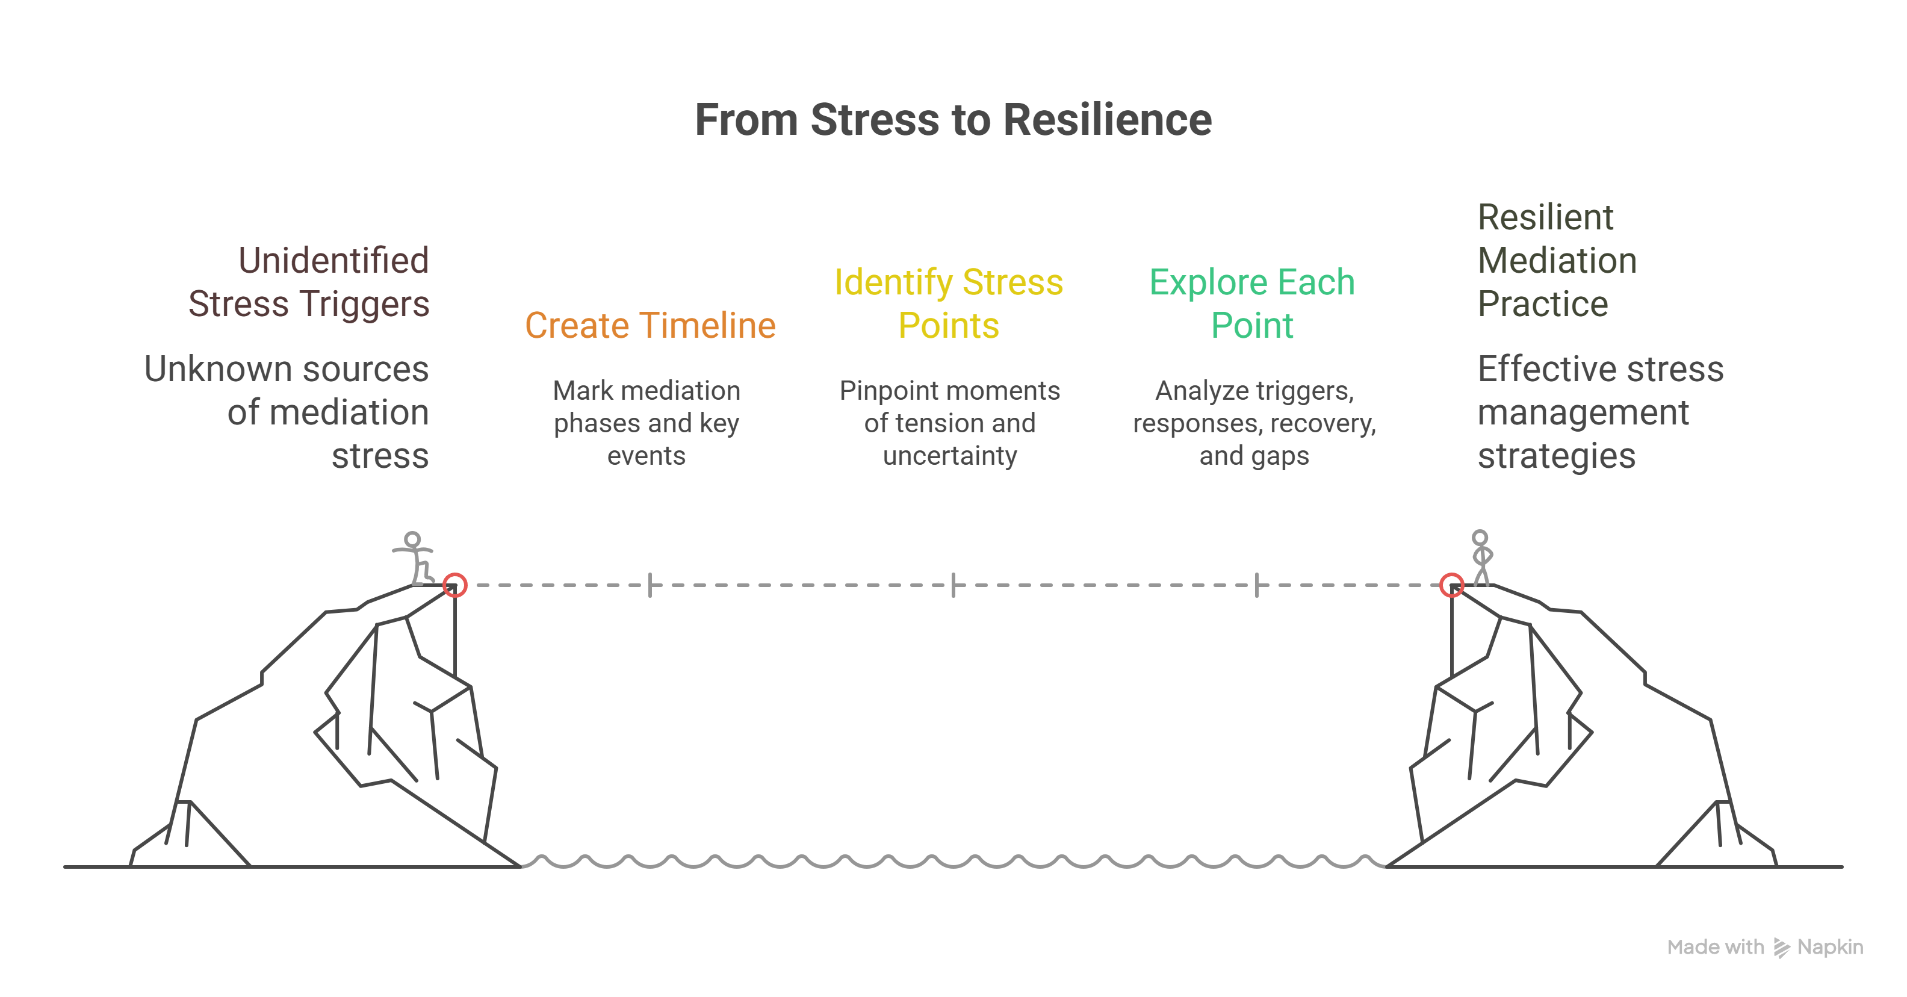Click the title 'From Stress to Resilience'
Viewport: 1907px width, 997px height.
[953, 120]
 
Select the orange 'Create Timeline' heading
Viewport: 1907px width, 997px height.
[650, 326]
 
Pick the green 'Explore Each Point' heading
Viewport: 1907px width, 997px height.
[1252, 304]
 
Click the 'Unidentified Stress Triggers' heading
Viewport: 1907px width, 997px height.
[309, 282]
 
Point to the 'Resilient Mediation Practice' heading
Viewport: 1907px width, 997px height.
[1556, 261]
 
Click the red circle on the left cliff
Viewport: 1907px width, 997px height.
[454, 585]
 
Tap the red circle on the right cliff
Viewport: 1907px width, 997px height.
[1452, 585]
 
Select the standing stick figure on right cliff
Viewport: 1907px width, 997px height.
[1481, 558]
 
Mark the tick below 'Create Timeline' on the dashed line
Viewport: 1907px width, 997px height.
[650, 585]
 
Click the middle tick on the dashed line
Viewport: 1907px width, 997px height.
[953, 585]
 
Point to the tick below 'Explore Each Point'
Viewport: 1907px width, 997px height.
[1256, 585]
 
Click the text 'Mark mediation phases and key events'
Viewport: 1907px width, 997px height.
[647, 423]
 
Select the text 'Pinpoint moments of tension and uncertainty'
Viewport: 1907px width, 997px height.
[950, 423]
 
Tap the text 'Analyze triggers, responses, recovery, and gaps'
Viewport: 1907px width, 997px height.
[1254, 423]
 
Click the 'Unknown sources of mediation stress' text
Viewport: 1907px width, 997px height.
[287, 412]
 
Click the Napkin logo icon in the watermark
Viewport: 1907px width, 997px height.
[1781, 948]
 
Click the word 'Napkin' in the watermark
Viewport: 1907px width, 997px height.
[1830, 948]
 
